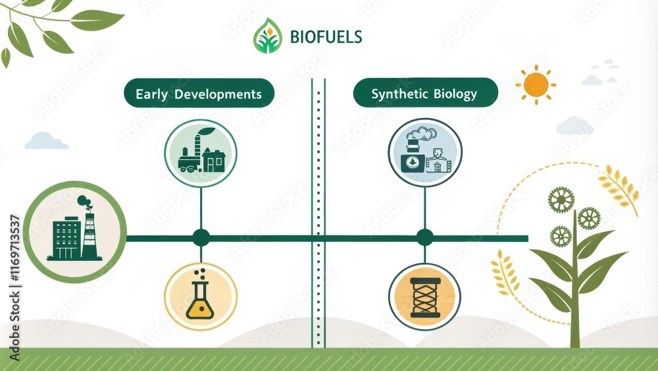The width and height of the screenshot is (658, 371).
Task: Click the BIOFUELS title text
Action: pos(326,36)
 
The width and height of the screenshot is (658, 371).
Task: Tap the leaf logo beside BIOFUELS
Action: pos(267,36)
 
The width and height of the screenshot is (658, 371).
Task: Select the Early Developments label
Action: pos(199,94)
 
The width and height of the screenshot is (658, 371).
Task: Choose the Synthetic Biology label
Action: pos(424,94)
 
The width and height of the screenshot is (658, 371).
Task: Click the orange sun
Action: pos(536,84)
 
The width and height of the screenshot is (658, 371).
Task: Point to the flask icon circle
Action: pos(201,296)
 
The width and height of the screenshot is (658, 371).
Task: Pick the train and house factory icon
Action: pos(201,153)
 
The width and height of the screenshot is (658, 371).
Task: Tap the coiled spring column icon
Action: pos(424,296)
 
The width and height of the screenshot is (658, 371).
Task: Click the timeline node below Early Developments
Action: pos(201,238)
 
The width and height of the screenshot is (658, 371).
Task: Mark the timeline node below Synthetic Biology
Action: pos(424,238)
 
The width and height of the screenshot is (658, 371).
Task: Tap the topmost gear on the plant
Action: pos(561,199)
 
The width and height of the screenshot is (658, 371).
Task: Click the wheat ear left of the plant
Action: pos(505,273)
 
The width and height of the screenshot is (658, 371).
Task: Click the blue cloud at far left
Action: pos(46,141)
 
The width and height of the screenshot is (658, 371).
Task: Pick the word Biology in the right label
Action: pos(455,94)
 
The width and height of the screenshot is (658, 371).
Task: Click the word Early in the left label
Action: pos(151,94)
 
